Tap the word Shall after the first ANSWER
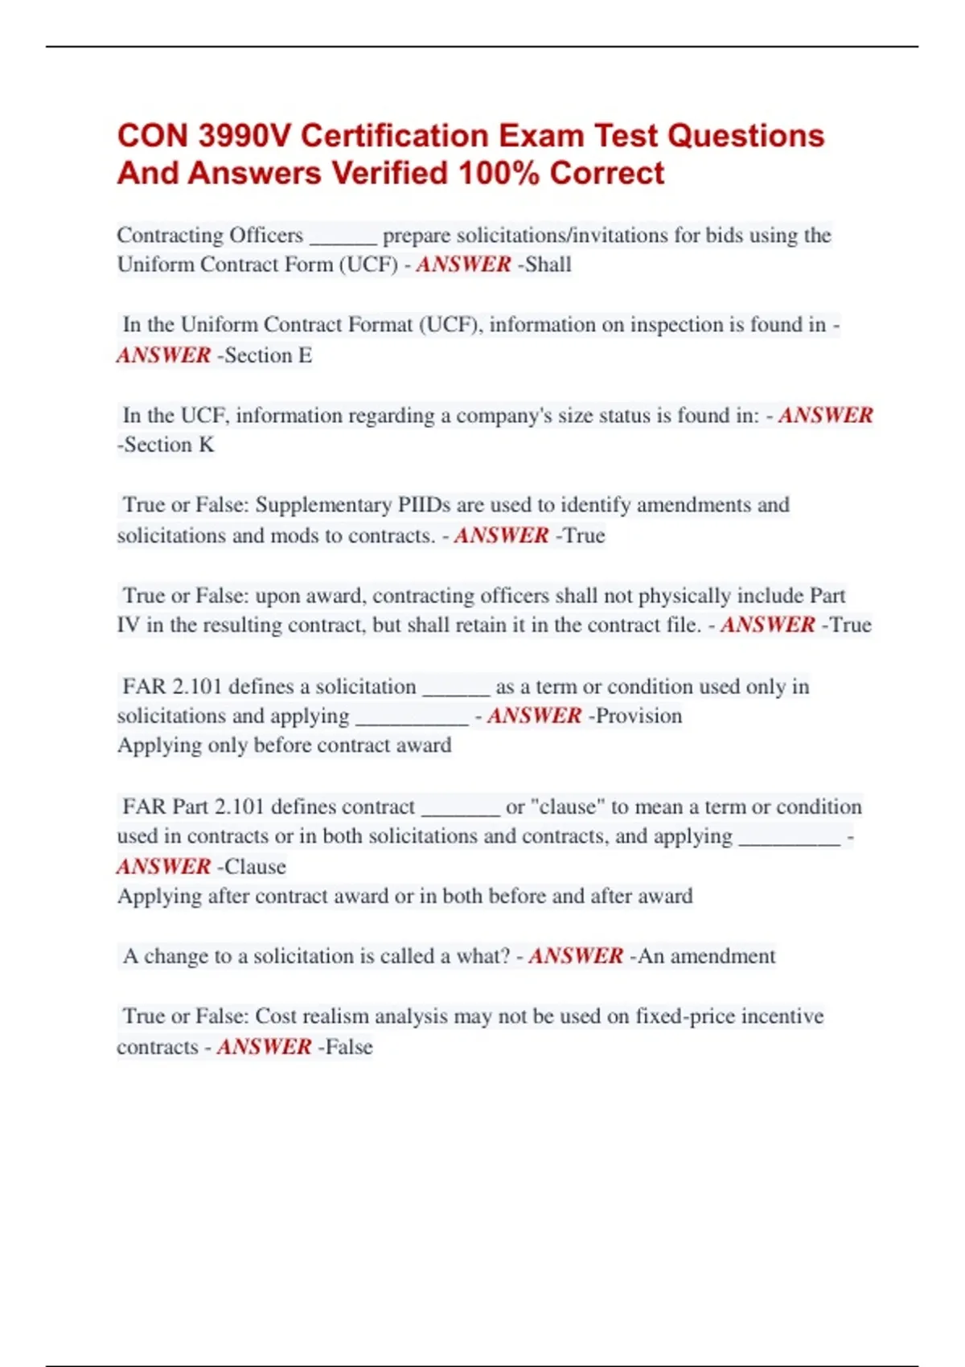pos(548,265)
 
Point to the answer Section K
pos(169,445)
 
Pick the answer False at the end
pos(349,1047)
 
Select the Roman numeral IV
pos(129,626)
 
